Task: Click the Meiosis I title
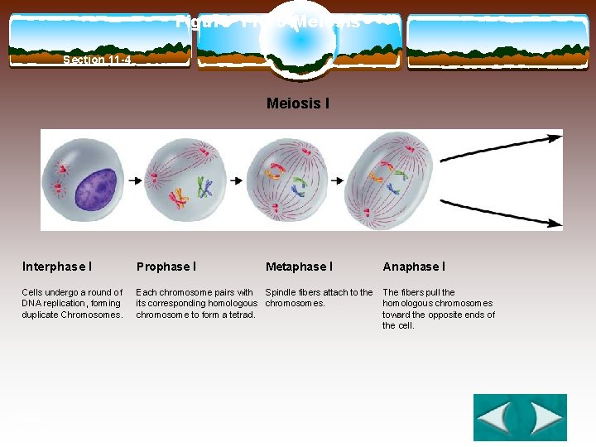point(297,103)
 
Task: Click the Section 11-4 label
point(97,60)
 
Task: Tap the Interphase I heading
point(57,267)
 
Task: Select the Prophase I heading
point(166,267)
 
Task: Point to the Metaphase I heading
point(299,267)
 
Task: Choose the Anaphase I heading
point(414,267)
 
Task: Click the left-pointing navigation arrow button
point(495,418)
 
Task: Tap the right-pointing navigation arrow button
point(544,418)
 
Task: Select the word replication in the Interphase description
point(70,304)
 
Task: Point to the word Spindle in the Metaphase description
point(280,292)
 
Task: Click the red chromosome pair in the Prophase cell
point(177,199)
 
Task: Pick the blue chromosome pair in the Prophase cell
point(204,189)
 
